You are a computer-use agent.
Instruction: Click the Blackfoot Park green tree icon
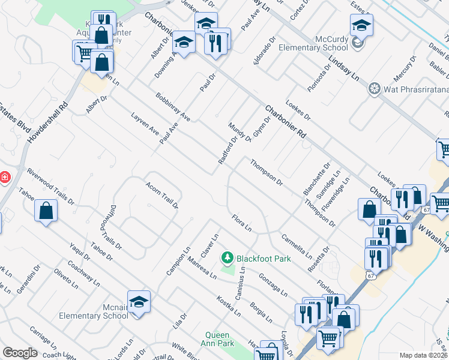point(227,258)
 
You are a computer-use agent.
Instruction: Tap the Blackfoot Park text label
point(264,259)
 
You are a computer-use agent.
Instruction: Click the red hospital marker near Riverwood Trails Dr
point(4,178)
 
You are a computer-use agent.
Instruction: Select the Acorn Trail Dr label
point(162,196)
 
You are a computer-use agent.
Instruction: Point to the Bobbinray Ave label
point(172,107)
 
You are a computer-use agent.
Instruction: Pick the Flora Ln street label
point(241,223)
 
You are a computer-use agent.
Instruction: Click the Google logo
point(20,352)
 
